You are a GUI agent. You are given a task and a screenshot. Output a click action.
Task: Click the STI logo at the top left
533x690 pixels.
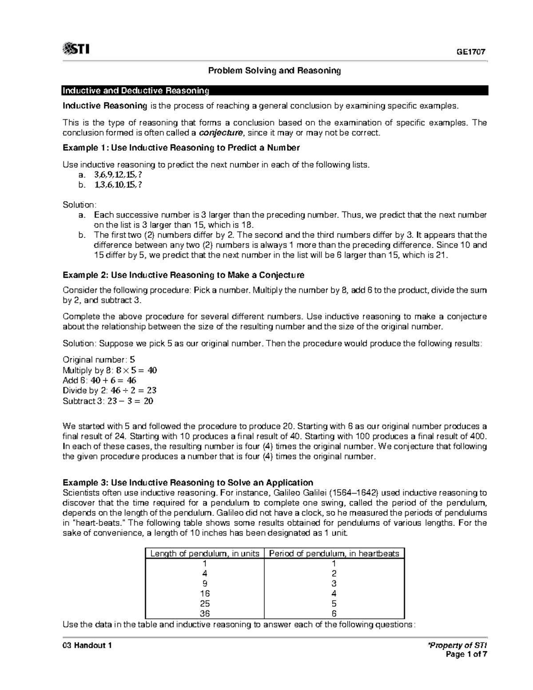pyautogui.click(x=76, y=49)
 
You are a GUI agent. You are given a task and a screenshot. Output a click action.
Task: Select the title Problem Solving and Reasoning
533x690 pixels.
pyautogui.click(x=275, y=71)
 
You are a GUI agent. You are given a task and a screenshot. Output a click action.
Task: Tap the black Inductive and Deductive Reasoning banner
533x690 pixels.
pyautogui.click(x=274, y=91)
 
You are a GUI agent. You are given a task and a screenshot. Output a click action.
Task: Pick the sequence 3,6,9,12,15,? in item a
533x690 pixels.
pyautogui.click(x=119, y=175)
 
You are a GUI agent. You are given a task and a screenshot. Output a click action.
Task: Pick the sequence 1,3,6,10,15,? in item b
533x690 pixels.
pyautogui.click(x=119, y=185)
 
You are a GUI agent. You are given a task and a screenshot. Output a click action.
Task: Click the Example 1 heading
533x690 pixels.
pyautogui.click(x=181, y=148)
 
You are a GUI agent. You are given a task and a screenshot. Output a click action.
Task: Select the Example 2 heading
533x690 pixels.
pyautogui.click(x=183, y=275)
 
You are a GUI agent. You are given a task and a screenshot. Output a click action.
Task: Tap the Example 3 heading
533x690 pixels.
pyautogui.click(x=188, y=483)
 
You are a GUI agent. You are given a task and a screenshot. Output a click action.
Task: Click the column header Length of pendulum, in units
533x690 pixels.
pyautogui.click(x=205, y=554)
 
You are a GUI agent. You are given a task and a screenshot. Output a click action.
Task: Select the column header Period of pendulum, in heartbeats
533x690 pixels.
pyautogui.click(x=334, y=554)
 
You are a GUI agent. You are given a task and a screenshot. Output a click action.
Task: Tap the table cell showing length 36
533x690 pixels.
pyautogui.click(x=205, y=614)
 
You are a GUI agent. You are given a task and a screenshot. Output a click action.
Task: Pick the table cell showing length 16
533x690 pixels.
pyautogui.click(x=205, y=594)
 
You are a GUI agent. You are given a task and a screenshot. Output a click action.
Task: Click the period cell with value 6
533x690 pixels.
pyautogui.click(x=334, y=614)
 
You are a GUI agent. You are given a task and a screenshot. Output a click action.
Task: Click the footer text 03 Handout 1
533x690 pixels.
pyautogui.click(x=87, y=646)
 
